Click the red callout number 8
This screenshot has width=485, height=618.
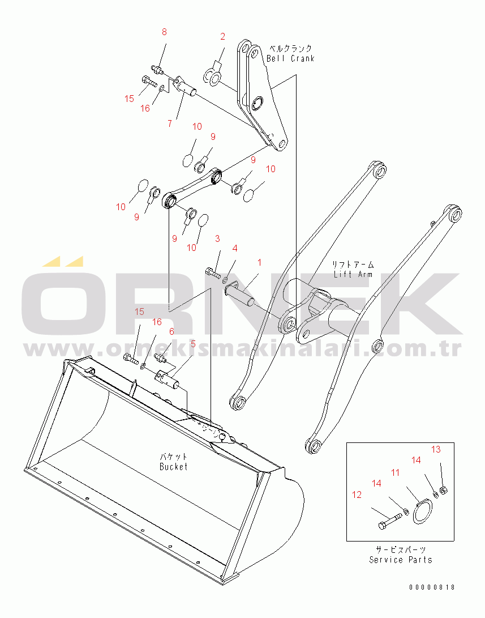click(x=164, y=32)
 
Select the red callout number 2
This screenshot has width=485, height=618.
click(x=222, y=37)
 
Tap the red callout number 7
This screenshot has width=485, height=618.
click(x=170, y=123)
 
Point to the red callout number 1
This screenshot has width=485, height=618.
click(x=259, y=262)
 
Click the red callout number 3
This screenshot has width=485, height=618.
click(x=217, y=239)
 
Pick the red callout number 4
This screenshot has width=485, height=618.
click(x=235, y=248)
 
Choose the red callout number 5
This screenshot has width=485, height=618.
click(x=193, y=344)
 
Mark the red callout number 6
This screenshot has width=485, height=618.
click(x=171, y=332)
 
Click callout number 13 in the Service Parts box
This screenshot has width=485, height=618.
click(x=436, y=449)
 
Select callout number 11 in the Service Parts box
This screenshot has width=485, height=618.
click(x=395, y=472)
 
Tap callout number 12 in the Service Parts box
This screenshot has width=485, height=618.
click(x=357, y=495)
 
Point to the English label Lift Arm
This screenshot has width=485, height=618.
click(x=353, y=274)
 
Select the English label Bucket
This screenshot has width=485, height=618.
click(x=174, y=467)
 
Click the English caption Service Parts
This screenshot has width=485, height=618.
click(x=400, y=560)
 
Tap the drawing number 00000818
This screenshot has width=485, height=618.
click(x=432, y=587)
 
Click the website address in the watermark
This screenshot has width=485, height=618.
click(x=242, y=348)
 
